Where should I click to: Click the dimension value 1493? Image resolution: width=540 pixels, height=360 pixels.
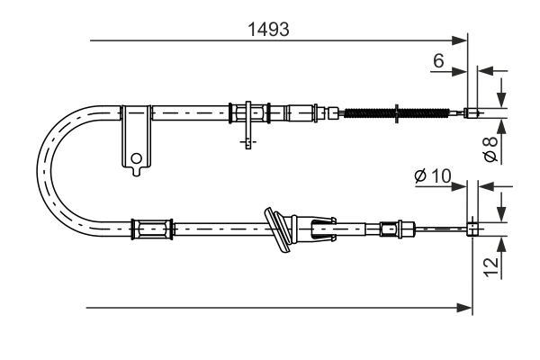pyautogui.click(x=268, y=29)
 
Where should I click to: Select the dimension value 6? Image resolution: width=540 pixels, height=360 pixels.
pyautogui.click(x=438, y=60)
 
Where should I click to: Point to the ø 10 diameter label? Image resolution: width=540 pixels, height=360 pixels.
pyautogui.click(x=433, y=176)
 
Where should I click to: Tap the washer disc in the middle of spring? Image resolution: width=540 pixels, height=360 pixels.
pyautogui.click(x=397, y=113)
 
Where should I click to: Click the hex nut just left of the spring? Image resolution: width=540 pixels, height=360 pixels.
pyautogui.click(x=333, y=113)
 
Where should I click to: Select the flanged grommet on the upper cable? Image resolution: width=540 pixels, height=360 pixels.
pyautogui.click(x=247, y=113)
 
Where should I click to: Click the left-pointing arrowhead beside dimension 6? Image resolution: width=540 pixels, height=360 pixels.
pyautogui.click(x=482, y=70)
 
